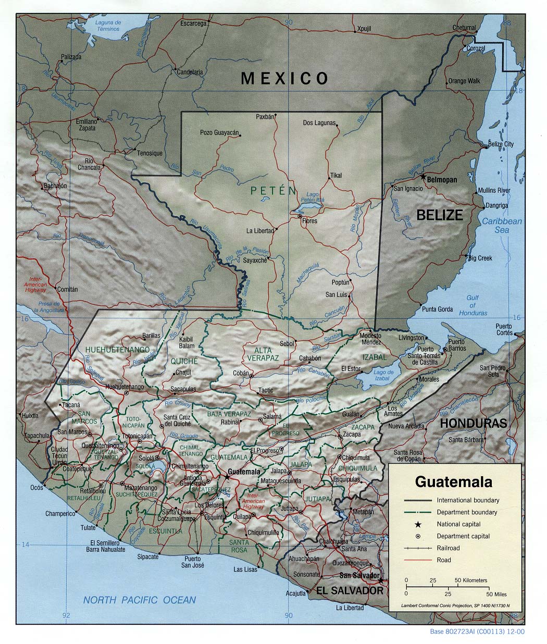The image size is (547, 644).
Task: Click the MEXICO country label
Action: pyautogui.click(x=284, y=79)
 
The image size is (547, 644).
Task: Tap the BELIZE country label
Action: pyautogui.click(x=440, y=215)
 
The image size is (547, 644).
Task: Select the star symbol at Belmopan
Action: pyautogui.click(x=423, y=177)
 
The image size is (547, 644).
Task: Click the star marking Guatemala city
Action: pyautogui.click(x=227, y=475)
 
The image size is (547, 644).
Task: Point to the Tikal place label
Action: pyautogui.click(x=336, y=176)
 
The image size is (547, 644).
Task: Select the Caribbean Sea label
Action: pyautogui.click(x=502, y=225)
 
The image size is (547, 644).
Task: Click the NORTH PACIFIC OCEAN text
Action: pyautogui.click(x=140, y=600)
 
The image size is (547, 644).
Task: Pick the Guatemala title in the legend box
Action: pyautogui.click(x=453, y=481)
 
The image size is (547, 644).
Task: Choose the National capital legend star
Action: pyautogui.click(x=418, y=524)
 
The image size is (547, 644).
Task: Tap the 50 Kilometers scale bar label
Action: pyautogui.click(x=471, y=580)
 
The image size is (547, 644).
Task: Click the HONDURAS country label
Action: pyautogui.click(x=474, y=424)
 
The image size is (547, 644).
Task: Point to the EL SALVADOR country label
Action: pyautogui.click(x=350, y=590)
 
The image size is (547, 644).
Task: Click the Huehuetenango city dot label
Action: pyautogui.click(x=125, y=387)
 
